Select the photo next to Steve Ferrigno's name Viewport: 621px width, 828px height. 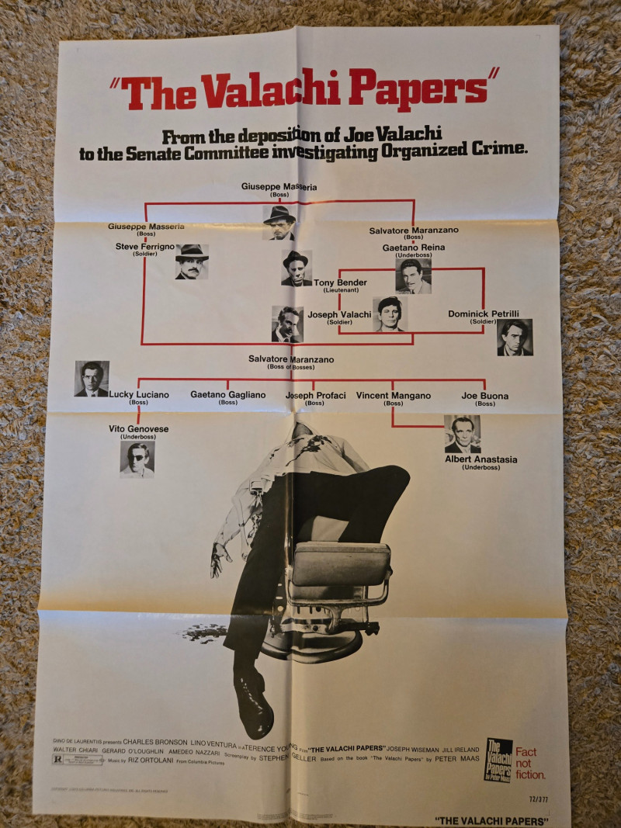191,262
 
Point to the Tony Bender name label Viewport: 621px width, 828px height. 340,285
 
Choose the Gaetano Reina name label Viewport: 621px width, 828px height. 414,250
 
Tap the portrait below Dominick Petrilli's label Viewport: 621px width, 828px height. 515,337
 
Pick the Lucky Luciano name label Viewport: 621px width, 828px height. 139,397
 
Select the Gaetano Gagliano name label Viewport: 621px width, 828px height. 227,397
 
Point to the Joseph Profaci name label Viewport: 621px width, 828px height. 315,397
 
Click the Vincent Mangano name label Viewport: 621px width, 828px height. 393,397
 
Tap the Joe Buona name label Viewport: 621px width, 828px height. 485,397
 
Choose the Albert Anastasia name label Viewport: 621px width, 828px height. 481,462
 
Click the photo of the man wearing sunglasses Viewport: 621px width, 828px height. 137,459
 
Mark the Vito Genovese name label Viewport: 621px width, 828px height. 138,431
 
